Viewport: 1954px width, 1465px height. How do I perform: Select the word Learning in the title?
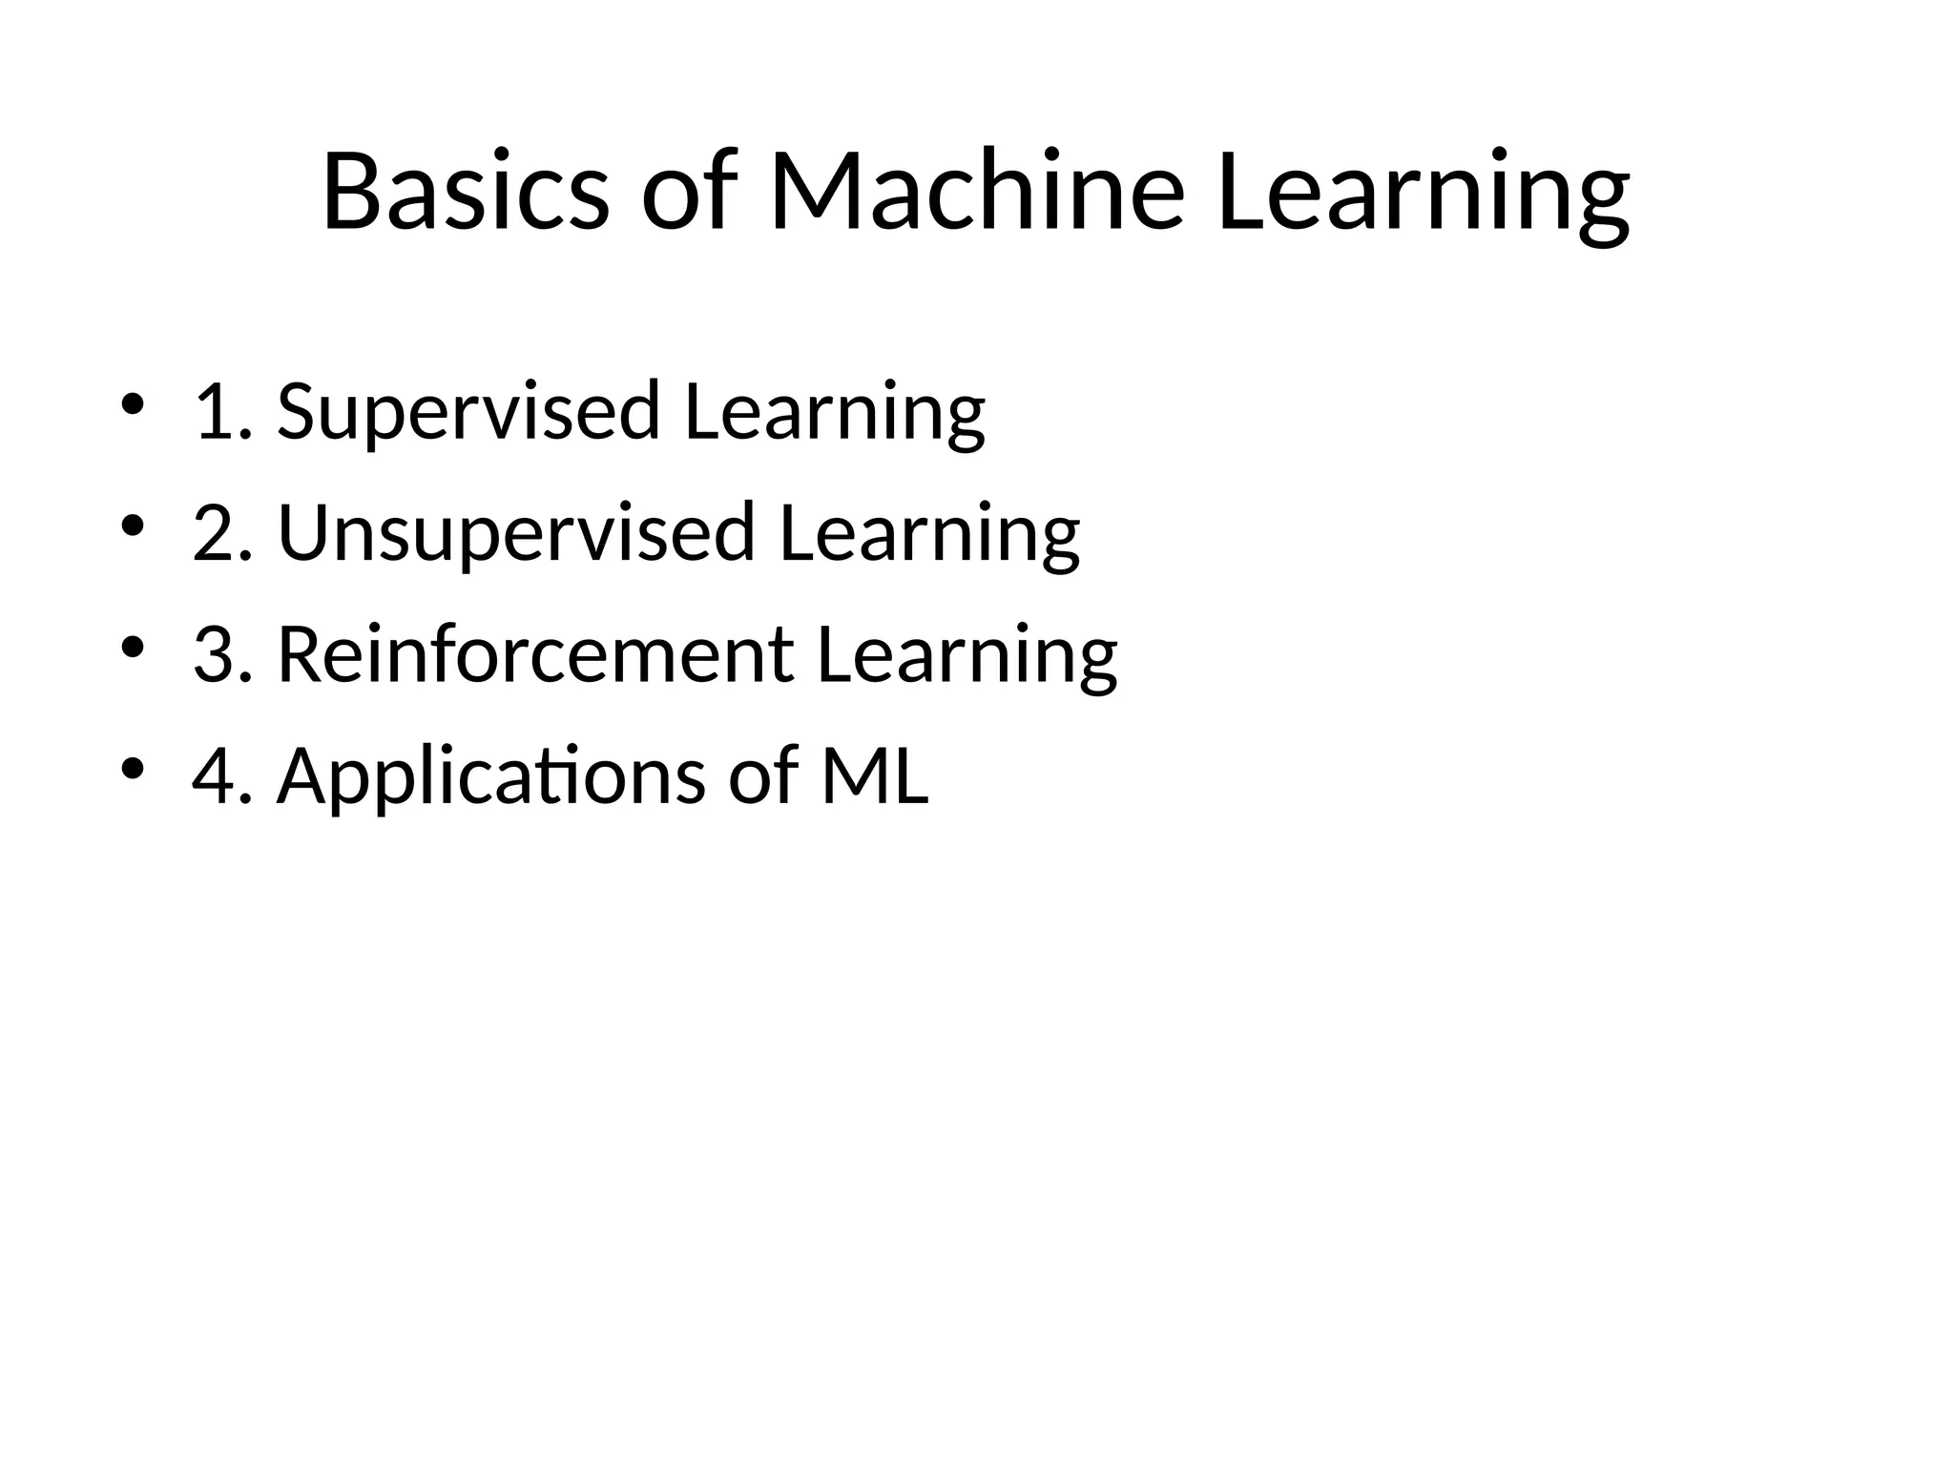[x=1423, y=196]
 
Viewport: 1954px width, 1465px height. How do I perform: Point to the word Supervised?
[x=468, y=413]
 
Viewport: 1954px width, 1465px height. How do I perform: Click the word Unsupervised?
[x=516, y=534]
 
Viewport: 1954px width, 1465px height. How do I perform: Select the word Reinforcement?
[x=534, y=655]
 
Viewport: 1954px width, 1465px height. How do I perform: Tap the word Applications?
[x=490, y=777]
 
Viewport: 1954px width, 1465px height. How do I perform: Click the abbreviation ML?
[x=874, y=775]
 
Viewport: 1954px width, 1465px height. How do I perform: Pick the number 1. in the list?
[x=222, y=413]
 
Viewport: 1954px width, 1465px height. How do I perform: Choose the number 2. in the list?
[x=222, y=534]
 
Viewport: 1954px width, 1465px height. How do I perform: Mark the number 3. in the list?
[x=222, y=655]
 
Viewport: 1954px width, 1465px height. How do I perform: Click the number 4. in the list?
[x=222, y=776]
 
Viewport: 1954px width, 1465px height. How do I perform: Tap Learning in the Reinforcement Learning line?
[x=967, y=657]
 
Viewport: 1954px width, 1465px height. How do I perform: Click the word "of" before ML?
[x=763, y=775]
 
